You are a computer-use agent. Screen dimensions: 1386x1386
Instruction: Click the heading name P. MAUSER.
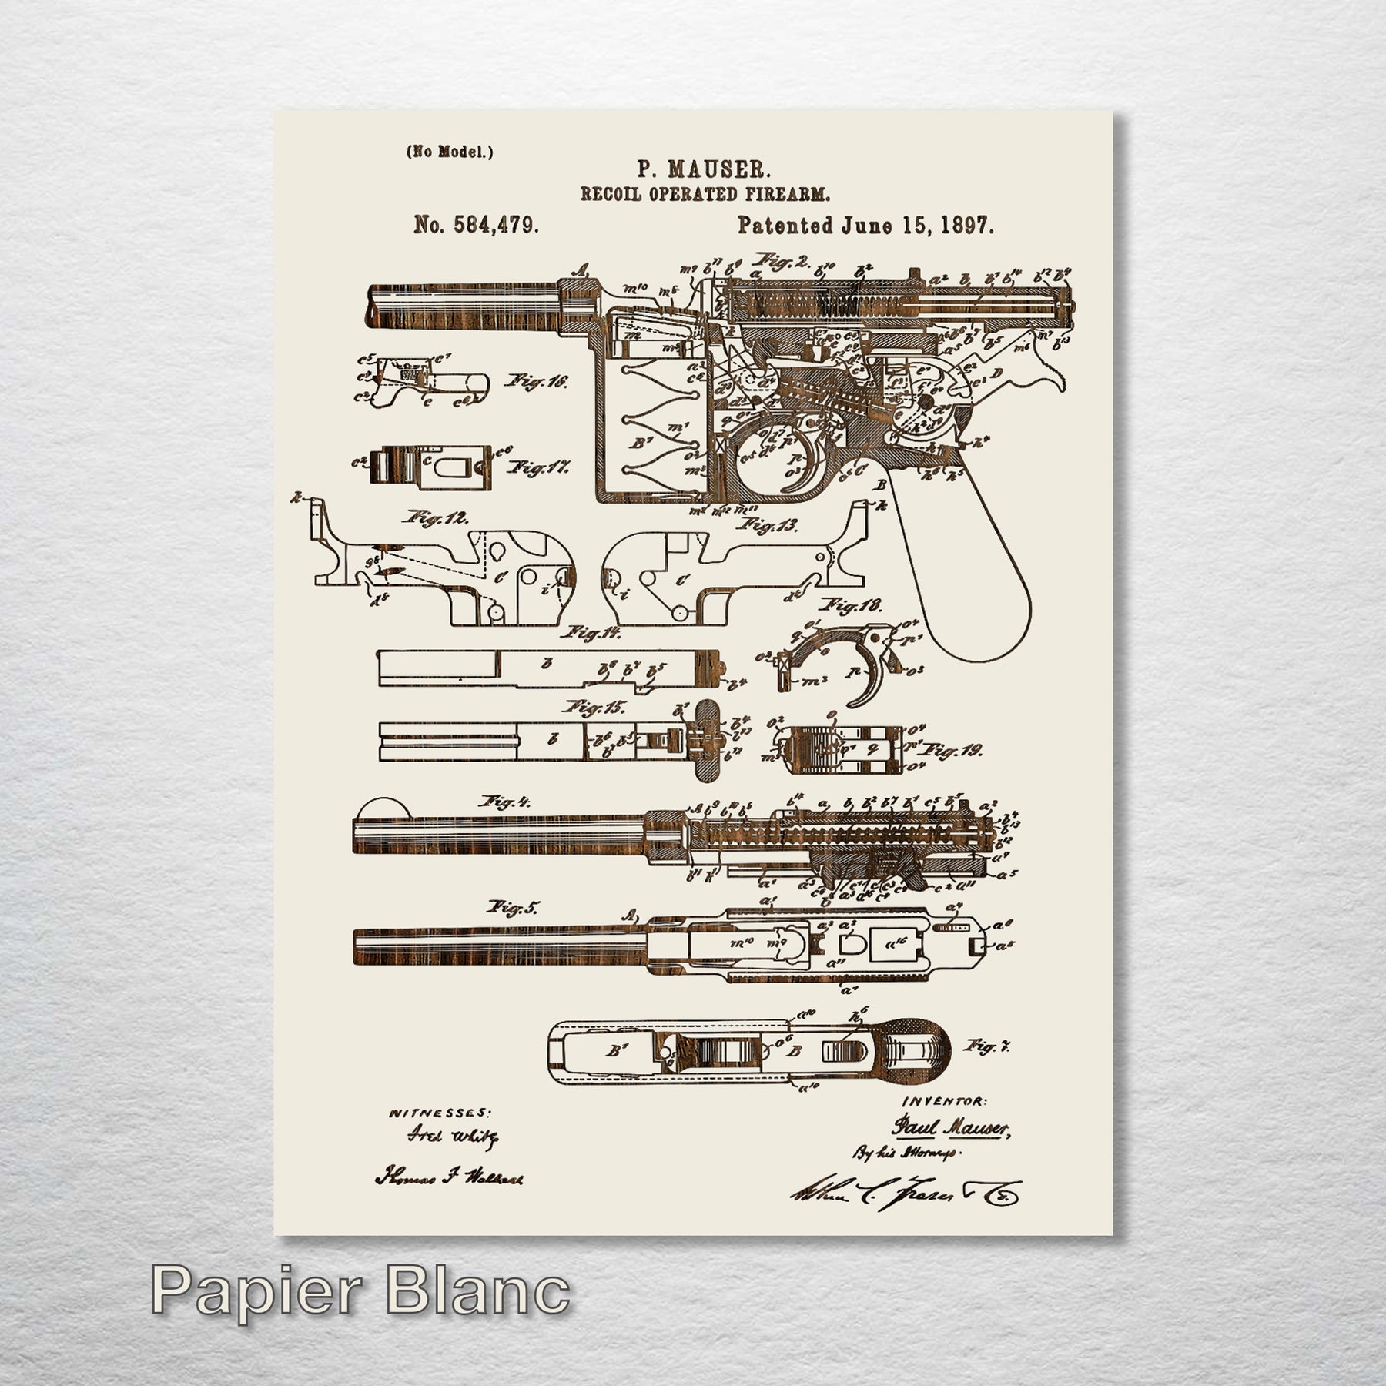(703, 169)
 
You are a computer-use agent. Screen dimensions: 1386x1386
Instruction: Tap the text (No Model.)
(450, 152)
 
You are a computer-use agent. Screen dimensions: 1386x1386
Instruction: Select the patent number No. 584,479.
(476, 225)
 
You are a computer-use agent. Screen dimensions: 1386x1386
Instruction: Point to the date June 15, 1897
(917, 225)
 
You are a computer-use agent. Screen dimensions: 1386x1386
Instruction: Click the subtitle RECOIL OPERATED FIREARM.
(705, 194)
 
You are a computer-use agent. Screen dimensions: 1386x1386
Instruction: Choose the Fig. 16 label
(536, 381)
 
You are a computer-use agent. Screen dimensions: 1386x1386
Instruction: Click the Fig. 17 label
(538, 467)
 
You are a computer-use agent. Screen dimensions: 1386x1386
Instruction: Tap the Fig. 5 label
(512, 908)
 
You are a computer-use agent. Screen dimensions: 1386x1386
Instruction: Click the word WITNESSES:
(439, 1113)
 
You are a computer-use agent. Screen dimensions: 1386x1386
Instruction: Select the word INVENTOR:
(944, 1102)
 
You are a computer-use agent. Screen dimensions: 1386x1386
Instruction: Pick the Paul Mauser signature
(949, 1129)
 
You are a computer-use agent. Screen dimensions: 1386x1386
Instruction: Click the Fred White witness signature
(453, 1136)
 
